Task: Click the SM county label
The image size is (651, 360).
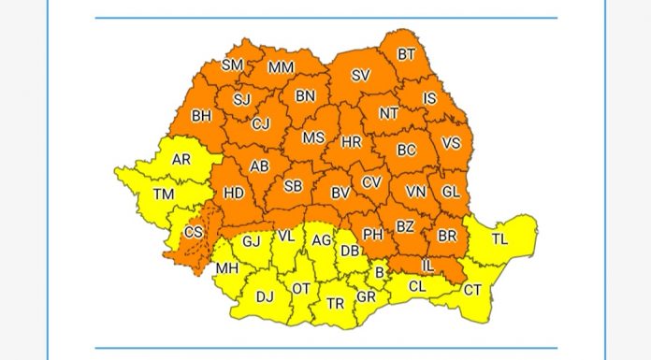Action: tap(233, 65)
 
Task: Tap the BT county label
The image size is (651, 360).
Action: tap(406, 54)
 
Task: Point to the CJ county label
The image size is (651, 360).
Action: tap(261, 123)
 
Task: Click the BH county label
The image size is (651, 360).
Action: tap(201, 117)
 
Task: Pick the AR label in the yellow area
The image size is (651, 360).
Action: tap(181, 159)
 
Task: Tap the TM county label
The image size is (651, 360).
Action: tap(165, 194)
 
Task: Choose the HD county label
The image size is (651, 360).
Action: tap(235, 194)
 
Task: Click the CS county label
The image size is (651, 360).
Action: tap(194, 232)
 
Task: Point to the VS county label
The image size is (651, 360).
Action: tap(451, 143)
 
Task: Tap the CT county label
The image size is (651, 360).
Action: tap(473, 290)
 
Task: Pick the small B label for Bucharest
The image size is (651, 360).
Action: tap(379, 273)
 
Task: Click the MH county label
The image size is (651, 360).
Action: tap(226, 270)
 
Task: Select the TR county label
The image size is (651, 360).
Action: tap(335, 303)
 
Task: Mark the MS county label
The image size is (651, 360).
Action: tap(313, 137)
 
